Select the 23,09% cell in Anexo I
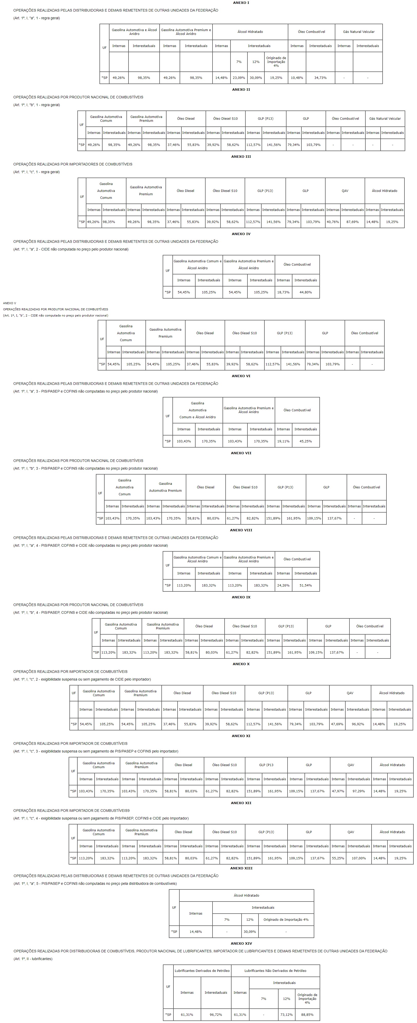click(x=239, y=78)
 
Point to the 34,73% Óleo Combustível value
click(x=320, y=78)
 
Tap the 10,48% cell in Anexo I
click(x=297, y=78)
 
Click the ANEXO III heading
click(x=241, y=156)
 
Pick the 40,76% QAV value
click(x=332, y=222)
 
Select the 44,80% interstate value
click(x=305, y=292)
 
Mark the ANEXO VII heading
click(x=241, y=453)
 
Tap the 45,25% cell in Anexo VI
click(x=305, y=441)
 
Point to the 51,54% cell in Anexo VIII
click(x=305, y=585)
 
